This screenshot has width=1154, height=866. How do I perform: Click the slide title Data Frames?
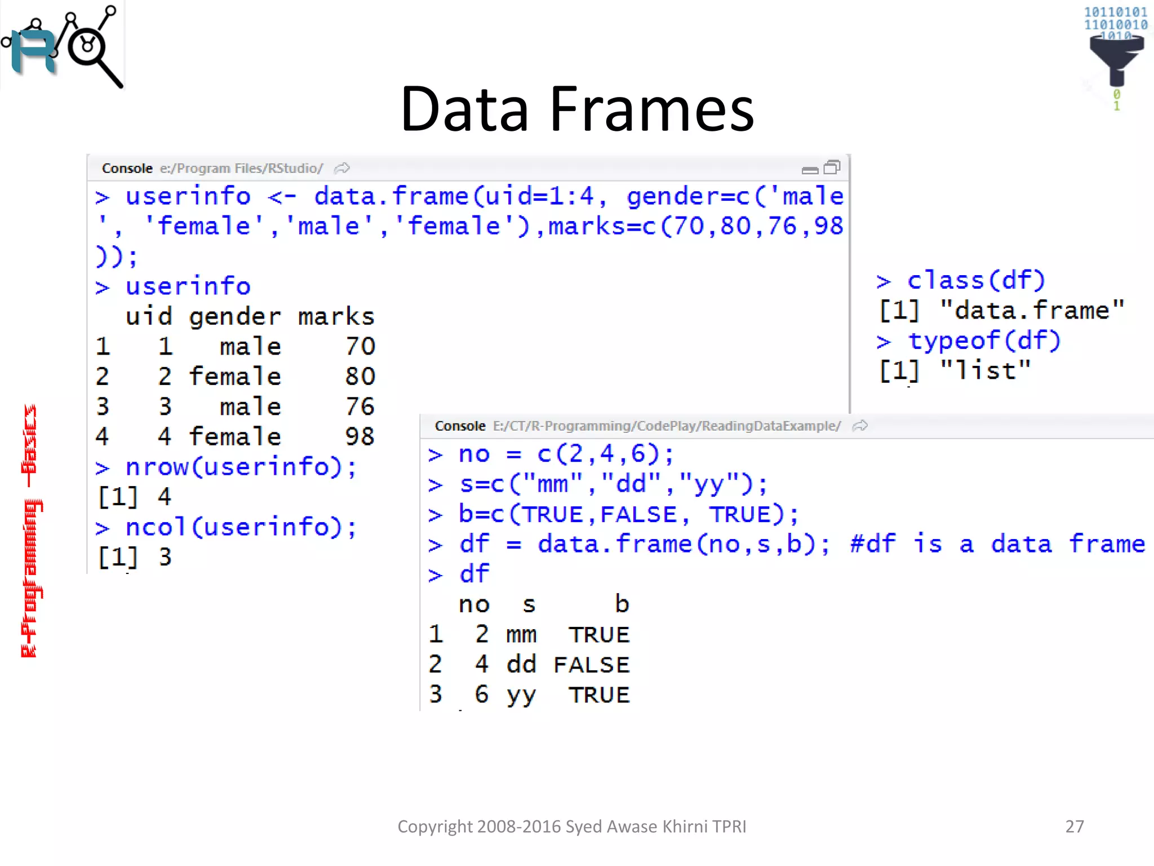click(x=576, y=109)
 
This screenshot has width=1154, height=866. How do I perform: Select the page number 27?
click(x=1074, y=826)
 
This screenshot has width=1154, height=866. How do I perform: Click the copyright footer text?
click(x=571, y=826)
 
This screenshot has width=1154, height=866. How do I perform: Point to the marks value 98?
click(x=359, y=436)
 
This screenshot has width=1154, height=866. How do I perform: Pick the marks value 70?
click(x=360, y=346)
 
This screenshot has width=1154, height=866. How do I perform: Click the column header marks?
click(x=336, y=316)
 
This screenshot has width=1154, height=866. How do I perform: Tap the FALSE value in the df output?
click(x=591, y=665)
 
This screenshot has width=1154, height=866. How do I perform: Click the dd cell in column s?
click(x=521, y=664)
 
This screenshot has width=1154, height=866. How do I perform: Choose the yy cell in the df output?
click(x=521, y=695)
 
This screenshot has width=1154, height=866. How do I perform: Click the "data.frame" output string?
click(x=1032, y=311)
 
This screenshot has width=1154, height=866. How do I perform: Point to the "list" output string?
click(x=986, y=370)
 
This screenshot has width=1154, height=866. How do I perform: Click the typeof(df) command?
click(x=984, y=341)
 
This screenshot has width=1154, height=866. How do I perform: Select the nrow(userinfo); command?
click(x=241, y=467)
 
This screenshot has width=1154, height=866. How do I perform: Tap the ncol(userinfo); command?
click(x=241, y=527)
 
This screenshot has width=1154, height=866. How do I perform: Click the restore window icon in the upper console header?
click(x=832, y=167)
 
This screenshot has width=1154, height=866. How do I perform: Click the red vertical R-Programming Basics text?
click(x=30, y=530)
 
